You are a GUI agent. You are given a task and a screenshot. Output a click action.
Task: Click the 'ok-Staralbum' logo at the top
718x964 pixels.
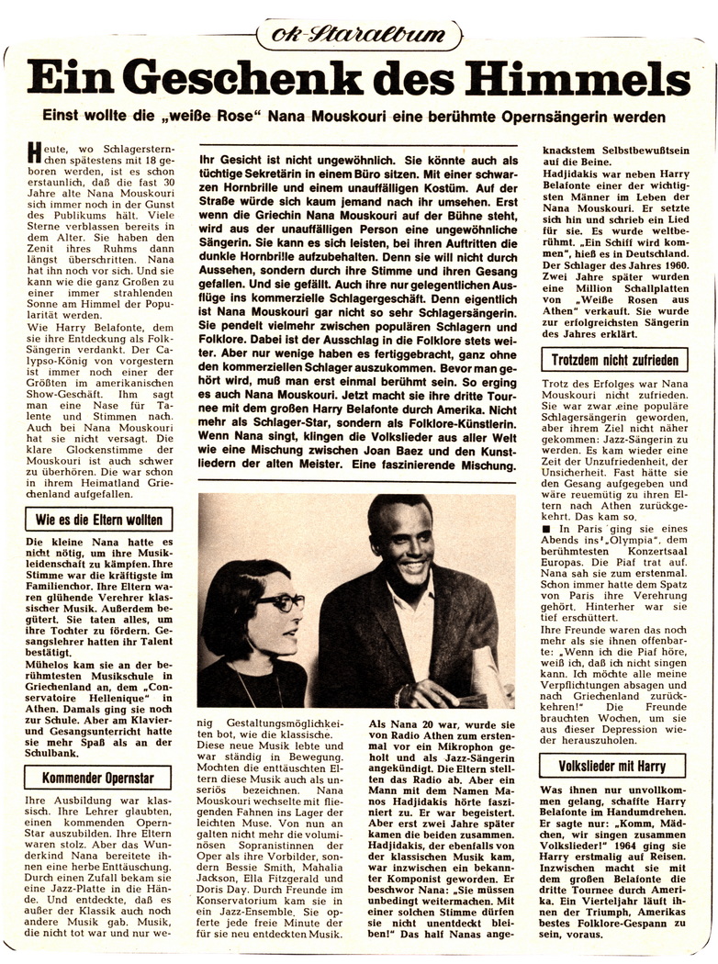tap(359, 34)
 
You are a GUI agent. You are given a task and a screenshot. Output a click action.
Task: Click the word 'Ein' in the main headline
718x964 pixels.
tap(62, 79)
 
